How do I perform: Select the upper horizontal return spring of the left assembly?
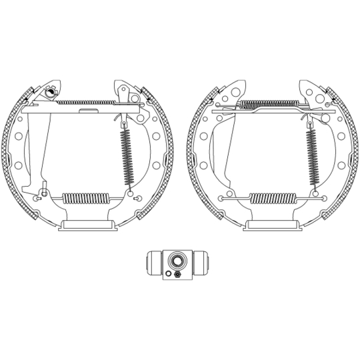pyautogui.click(x=83, y=102)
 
